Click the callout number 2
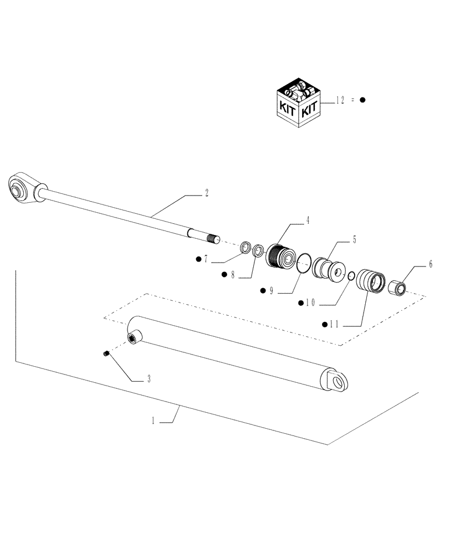tap(206, 193)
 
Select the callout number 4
tap(308, 220)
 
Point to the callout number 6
tap(429, 265)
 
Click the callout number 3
tap(149, 379)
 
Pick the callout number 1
tap(152, 420)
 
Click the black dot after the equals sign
tap(362, 100)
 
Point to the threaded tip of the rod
tap(213, 239)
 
